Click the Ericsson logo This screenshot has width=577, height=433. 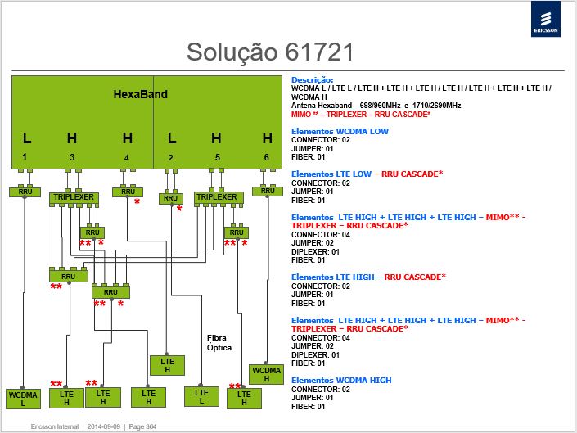click(546, 19)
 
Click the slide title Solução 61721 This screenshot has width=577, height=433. click(270, 52)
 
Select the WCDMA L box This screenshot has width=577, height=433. click(23, 399)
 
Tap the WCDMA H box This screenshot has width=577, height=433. click(267, 374)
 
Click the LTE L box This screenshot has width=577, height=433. click(201, 396)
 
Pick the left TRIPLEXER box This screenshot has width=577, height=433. click(74, 197)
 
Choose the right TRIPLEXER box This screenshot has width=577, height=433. click(219, 197)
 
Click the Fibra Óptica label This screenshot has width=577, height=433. click(219, 342)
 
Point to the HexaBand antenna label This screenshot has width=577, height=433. click(140, 94)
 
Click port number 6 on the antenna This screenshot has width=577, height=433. click(267, 157)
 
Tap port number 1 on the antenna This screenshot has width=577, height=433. click(25, 156)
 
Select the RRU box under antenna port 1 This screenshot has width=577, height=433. click(25, 192)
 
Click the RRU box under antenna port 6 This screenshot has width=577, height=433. click(268, 191)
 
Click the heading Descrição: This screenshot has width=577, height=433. click(313, 79)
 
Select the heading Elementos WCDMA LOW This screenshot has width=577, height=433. click(340, 131)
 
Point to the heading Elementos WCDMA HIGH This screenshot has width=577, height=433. click(341, 380)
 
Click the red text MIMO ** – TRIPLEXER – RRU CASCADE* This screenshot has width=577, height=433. click(361, 115)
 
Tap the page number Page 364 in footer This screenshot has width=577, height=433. click(142, 426)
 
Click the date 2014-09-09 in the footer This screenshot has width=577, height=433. click(104, 426)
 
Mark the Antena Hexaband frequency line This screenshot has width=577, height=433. click(376, 106)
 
